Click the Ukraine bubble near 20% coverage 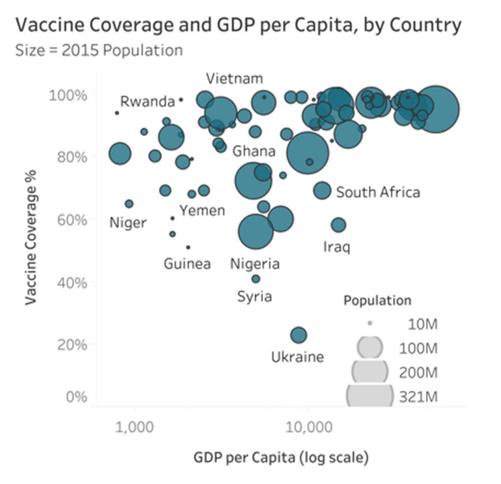coord(299,335)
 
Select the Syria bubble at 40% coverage coord(256,279)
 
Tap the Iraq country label coord(336,247)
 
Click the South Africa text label coord(378,192)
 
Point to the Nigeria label coord(254,264)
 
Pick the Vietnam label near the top coord(234,78)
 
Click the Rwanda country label coord(147,102)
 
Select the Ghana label coord(254,151)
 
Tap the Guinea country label coord(187,264)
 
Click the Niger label coord(128,222)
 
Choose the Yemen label coord(202,210)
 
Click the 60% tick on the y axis coord(72,220)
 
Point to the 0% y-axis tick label coord(76,397)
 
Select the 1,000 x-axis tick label coord(135,427)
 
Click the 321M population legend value coord(418,397)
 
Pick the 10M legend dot coord(370,323)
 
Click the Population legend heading coord(377,301)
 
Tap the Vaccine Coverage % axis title coord(31,237)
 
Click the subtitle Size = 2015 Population coord(99,50)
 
